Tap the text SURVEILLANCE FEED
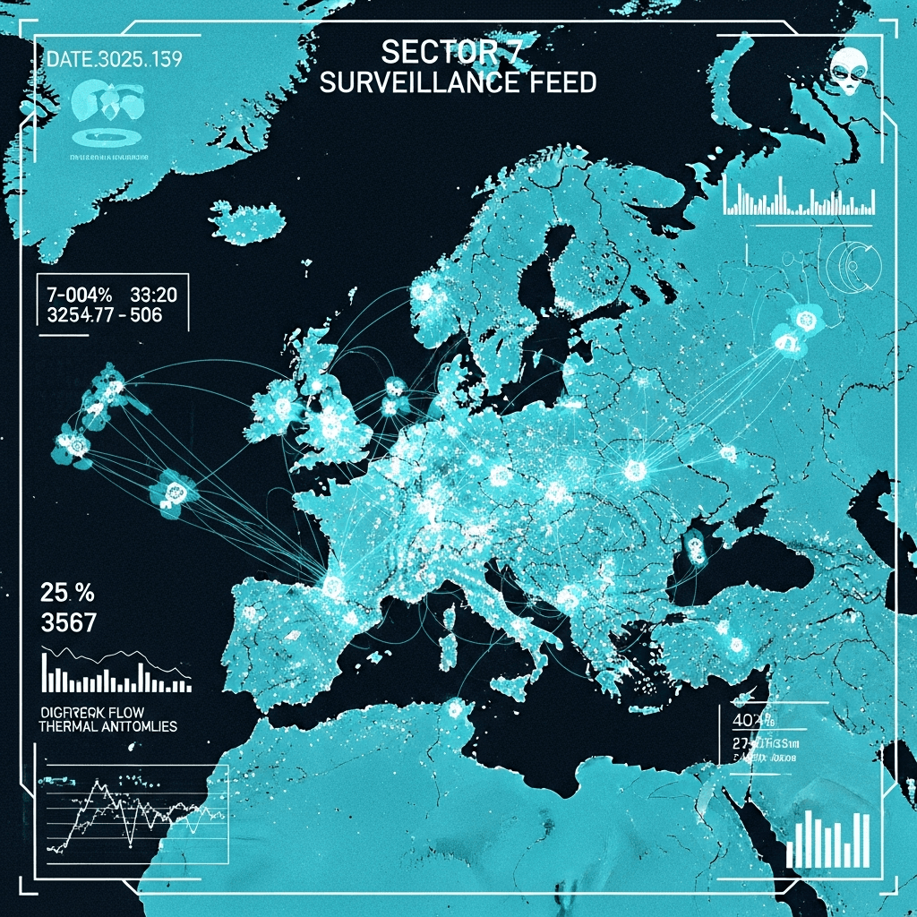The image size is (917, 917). click(458, 82)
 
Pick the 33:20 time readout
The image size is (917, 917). click(153, 295)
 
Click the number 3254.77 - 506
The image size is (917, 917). click(104, 315)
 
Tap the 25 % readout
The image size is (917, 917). click(68, 592)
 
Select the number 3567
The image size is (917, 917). click(69, 621)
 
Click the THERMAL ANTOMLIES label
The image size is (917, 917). click(107, 726)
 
